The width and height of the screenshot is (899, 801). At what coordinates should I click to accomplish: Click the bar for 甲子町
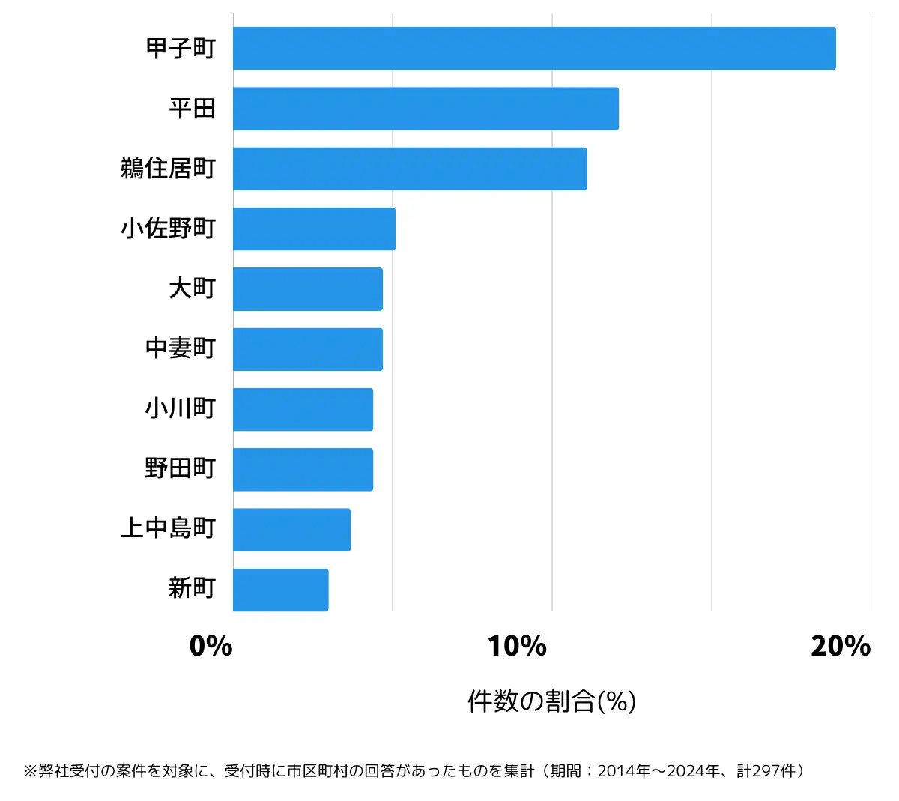click(534, 49)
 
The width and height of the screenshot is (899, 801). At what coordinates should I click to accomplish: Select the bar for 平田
click(426, 109)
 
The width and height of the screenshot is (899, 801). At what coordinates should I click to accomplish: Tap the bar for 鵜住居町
click(410, 169)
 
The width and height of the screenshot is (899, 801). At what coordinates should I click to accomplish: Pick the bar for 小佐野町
click(314, 229)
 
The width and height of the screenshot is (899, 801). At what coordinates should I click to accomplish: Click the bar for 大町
click(308, 288)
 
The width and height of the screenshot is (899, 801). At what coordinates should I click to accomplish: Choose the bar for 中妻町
click(308, 349)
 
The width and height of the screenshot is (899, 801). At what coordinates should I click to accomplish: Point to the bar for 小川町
click(303, 409)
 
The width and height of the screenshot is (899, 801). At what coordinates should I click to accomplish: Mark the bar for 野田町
click(303, 469)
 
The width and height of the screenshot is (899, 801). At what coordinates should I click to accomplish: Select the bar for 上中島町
click(291, 529)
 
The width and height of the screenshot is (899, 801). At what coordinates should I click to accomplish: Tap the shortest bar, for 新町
click(280, 590)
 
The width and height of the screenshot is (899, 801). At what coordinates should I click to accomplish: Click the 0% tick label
click(211, 646)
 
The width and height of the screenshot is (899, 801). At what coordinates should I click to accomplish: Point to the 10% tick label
click(517, 646)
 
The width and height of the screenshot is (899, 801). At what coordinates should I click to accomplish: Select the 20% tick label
click(841, 646)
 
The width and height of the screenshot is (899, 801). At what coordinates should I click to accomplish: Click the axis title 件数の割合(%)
click(552, 701)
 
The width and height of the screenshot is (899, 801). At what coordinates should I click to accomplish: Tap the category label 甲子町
click(181, 49)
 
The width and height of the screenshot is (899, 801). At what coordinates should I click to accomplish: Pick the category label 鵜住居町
click(168, 169)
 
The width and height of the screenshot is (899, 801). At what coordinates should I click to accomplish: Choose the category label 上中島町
click(168, 528)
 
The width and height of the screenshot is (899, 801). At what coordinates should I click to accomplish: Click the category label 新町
click(192, 588)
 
